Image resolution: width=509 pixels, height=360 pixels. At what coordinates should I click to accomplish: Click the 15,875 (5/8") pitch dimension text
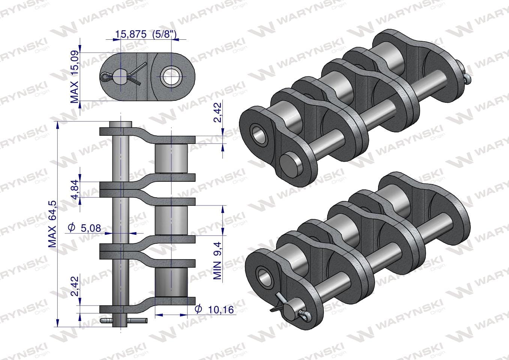coord(146,34)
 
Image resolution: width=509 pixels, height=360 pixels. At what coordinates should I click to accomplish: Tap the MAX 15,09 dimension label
coord(75,77)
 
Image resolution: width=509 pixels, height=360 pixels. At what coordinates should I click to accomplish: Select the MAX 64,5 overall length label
coord(52,224)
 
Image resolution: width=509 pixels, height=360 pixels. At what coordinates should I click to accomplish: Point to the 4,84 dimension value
coord(75,189)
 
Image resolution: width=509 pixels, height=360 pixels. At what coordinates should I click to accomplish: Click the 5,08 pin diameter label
coord(84,228)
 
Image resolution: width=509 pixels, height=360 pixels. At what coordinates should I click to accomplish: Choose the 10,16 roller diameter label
coord(214,309)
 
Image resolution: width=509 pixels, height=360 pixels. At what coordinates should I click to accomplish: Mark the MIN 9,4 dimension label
coord(217,261)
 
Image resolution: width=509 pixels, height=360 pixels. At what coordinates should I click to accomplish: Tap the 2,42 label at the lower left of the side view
coord(75,286)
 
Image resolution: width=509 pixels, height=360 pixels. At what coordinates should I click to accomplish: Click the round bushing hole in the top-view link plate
coord(171,76)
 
